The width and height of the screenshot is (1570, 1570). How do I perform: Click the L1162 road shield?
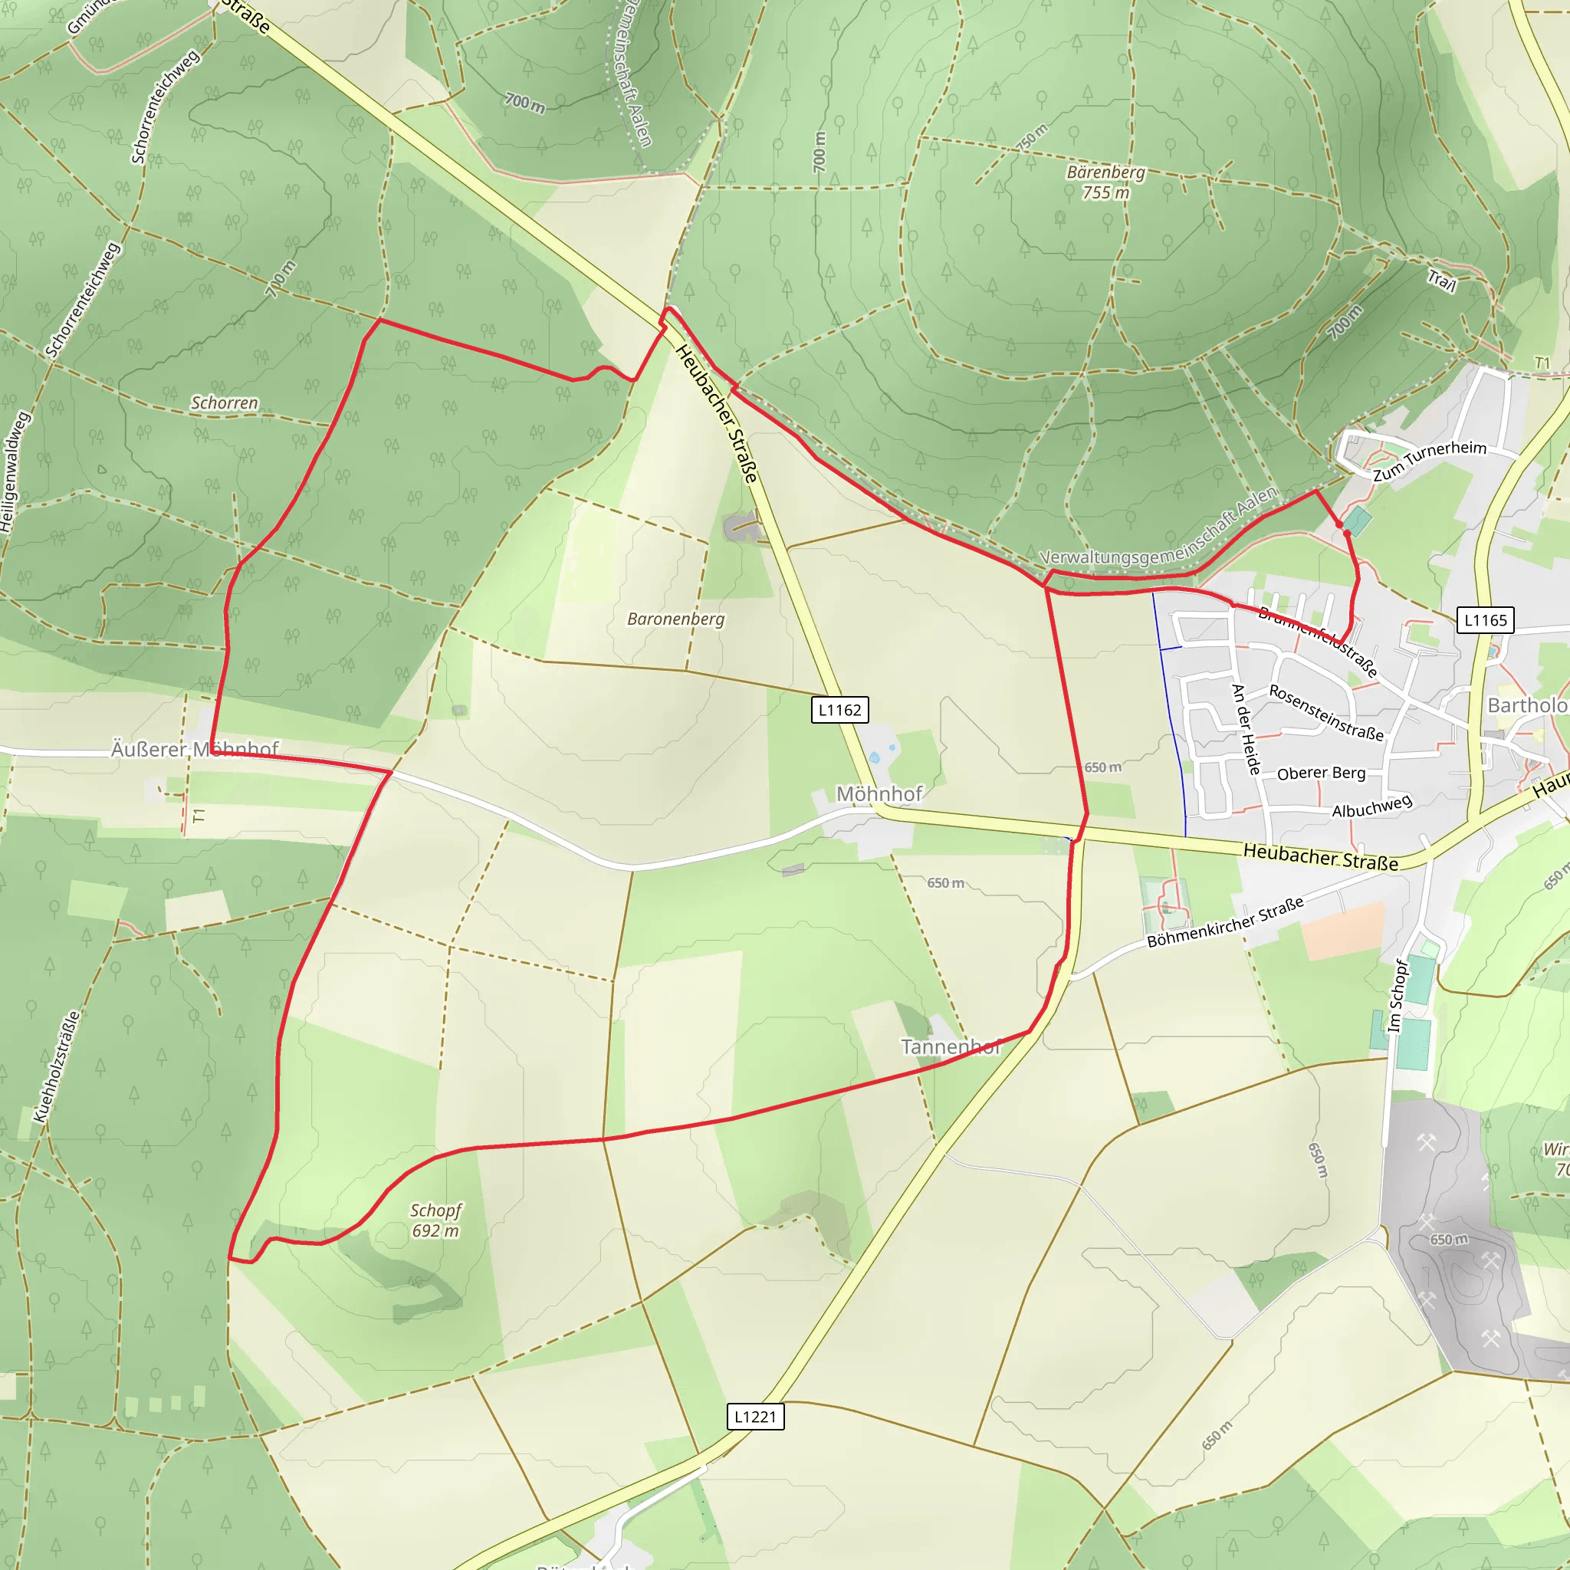point(839,710)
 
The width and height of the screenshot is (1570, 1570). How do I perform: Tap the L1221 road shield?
point(755,1417)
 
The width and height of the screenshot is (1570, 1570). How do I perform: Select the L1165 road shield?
point(1485,620)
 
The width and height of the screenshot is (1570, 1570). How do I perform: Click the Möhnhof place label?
point(879,794)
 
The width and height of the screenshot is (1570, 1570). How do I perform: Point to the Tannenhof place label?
point(950,1046)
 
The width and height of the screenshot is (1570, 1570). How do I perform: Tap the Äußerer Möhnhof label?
point(195,748)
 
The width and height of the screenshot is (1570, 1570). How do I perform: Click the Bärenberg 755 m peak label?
point(1105,182)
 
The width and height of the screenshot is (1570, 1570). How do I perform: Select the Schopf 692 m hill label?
point(435,1220)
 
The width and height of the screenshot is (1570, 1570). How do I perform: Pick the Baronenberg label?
point(675,619)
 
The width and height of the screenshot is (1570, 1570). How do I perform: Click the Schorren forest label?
point(225,403)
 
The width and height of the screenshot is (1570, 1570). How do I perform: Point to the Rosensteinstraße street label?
point(1326,712)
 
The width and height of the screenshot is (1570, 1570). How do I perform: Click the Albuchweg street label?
point(1371,806)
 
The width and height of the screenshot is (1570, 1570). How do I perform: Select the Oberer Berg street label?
point(1321,773)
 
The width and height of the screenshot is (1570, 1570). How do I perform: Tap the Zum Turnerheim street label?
point(1430,460)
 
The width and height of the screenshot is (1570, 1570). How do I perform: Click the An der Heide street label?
point(1245,729)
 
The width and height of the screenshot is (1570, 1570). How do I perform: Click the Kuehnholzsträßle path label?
point(57,1066)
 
